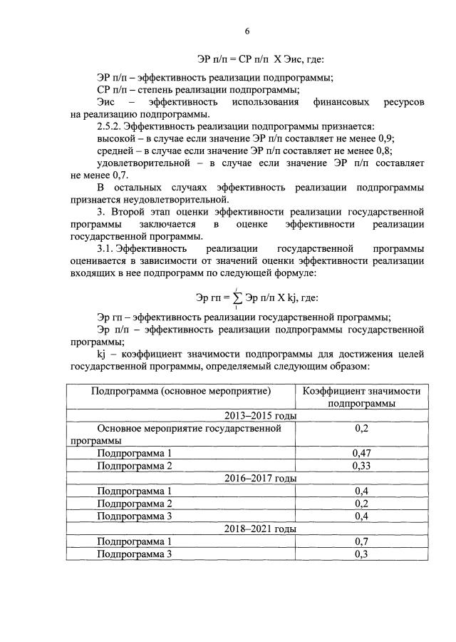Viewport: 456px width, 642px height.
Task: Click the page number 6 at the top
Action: [x=247, y=31]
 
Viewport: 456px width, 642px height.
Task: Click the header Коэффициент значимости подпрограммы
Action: [x=362, y=397]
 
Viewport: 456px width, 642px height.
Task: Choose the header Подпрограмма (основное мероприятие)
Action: [x=181, y=391]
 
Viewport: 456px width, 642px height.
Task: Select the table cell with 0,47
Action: [x=362, y=453]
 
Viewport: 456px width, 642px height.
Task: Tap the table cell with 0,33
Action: [x=362, y=465]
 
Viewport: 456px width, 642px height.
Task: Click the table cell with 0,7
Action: [x=362, y=541]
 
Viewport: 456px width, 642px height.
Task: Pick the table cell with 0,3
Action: [x=362, y=554]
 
